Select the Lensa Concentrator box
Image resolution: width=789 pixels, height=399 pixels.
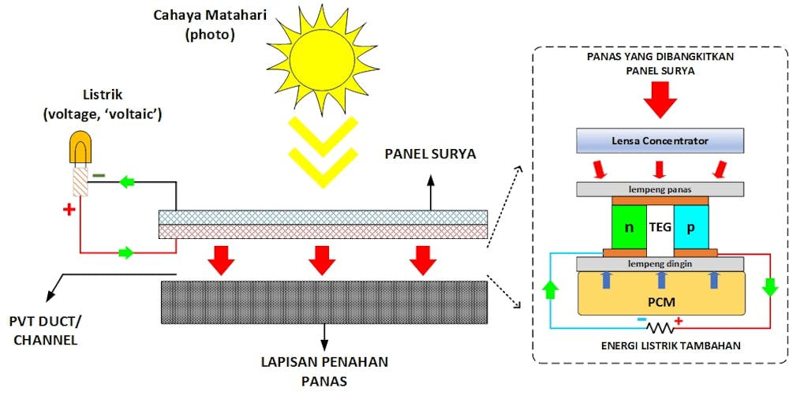660,141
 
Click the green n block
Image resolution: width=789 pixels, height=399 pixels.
628,226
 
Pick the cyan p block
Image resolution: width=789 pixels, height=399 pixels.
692,226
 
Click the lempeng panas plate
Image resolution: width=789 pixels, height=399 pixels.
660,189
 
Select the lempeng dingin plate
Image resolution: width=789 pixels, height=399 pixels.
660,263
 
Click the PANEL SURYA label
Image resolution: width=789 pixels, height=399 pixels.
430,154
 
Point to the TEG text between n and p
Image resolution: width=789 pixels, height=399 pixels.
660,227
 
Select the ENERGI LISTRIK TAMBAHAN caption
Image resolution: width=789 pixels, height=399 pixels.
661,345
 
